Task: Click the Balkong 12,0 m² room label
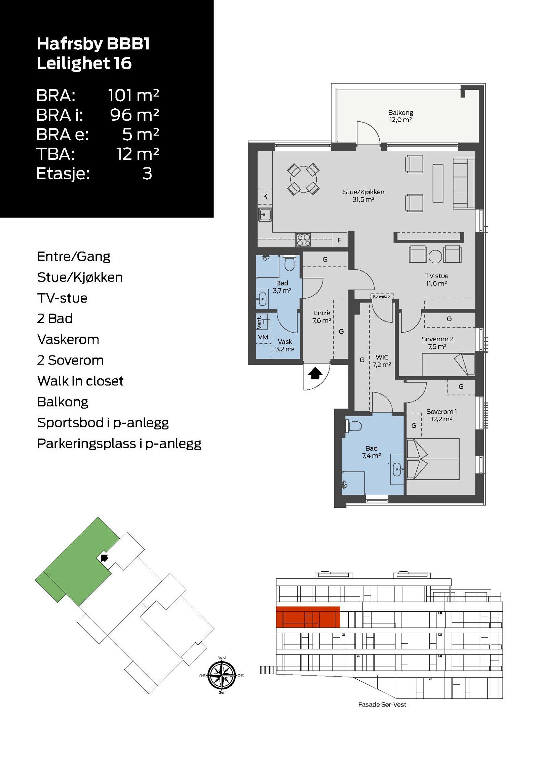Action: click(x=400, y=116)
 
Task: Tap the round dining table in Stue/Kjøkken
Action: click(x=303, y=179)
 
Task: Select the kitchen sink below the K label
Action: click(x=265, y=215)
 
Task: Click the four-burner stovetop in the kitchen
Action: click(x=303, y=240)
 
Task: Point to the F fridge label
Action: click(x=339, y=240)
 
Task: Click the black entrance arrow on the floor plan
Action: click(x=315, y=373)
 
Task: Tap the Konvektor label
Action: click(x=382, y=296)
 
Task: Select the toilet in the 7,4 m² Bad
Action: click(x=353, y=426)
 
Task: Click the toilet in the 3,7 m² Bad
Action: click(x=290, y=263)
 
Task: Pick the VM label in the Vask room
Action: click(x=263, y=337)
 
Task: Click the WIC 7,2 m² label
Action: click(x=382, y=361)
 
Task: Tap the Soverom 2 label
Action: click(x=437, y=339)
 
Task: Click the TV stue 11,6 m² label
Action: click(x=436, y=279)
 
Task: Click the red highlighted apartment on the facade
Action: click(x=308, y=617)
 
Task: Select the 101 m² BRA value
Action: click(x=133, y=96)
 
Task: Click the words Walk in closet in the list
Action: click(x=80, y=381)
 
